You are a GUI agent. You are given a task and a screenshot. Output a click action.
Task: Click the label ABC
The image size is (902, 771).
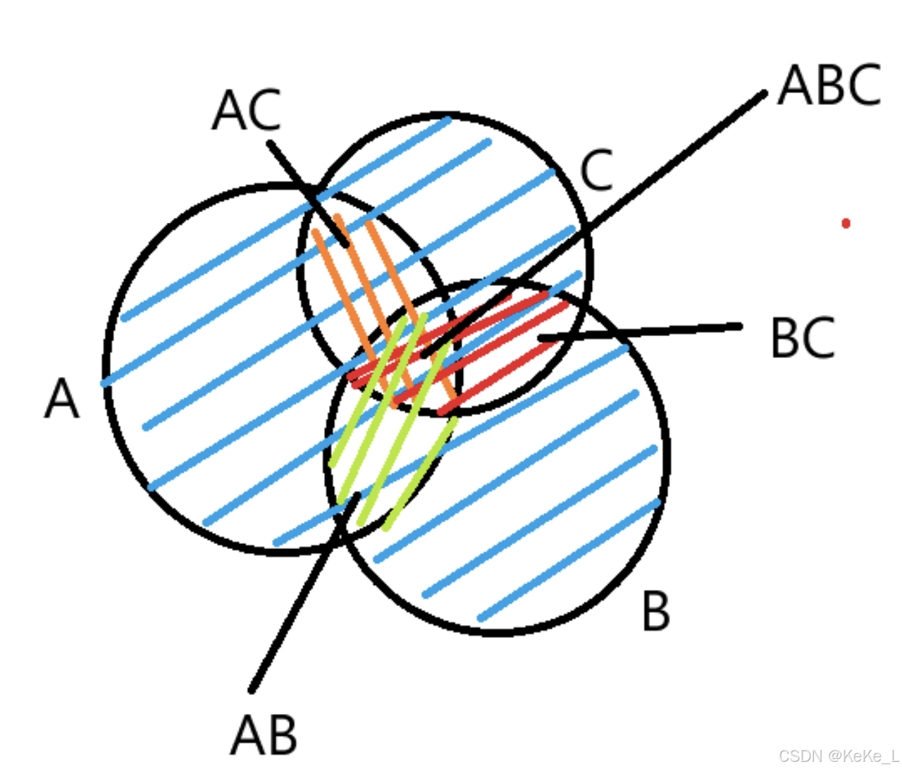click(x=829, y=85)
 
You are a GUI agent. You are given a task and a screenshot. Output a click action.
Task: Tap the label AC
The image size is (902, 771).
click(x=247, y=111)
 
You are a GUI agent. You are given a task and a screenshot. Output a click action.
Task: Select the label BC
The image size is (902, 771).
click(x=803, y=339)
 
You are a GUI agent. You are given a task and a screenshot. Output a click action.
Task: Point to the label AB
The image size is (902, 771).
click(x=264, y=735)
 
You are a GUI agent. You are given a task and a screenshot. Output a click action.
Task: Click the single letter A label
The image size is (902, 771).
click(x=62, y=399)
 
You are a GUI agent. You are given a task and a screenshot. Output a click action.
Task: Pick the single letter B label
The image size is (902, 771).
click(x=655, y=611)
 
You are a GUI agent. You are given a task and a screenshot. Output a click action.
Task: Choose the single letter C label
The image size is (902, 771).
click(x=597, y=171)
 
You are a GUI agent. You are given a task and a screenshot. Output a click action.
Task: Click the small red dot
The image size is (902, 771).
click(x=846, y=223)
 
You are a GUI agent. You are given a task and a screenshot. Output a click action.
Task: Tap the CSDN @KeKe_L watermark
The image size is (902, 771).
click(x=838, y=756)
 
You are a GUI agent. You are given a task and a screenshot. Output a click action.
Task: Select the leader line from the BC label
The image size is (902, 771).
click(x=641, y=331)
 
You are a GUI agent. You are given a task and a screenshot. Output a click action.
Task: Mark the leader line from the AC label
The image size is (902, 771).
click(x=307, y=190)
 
